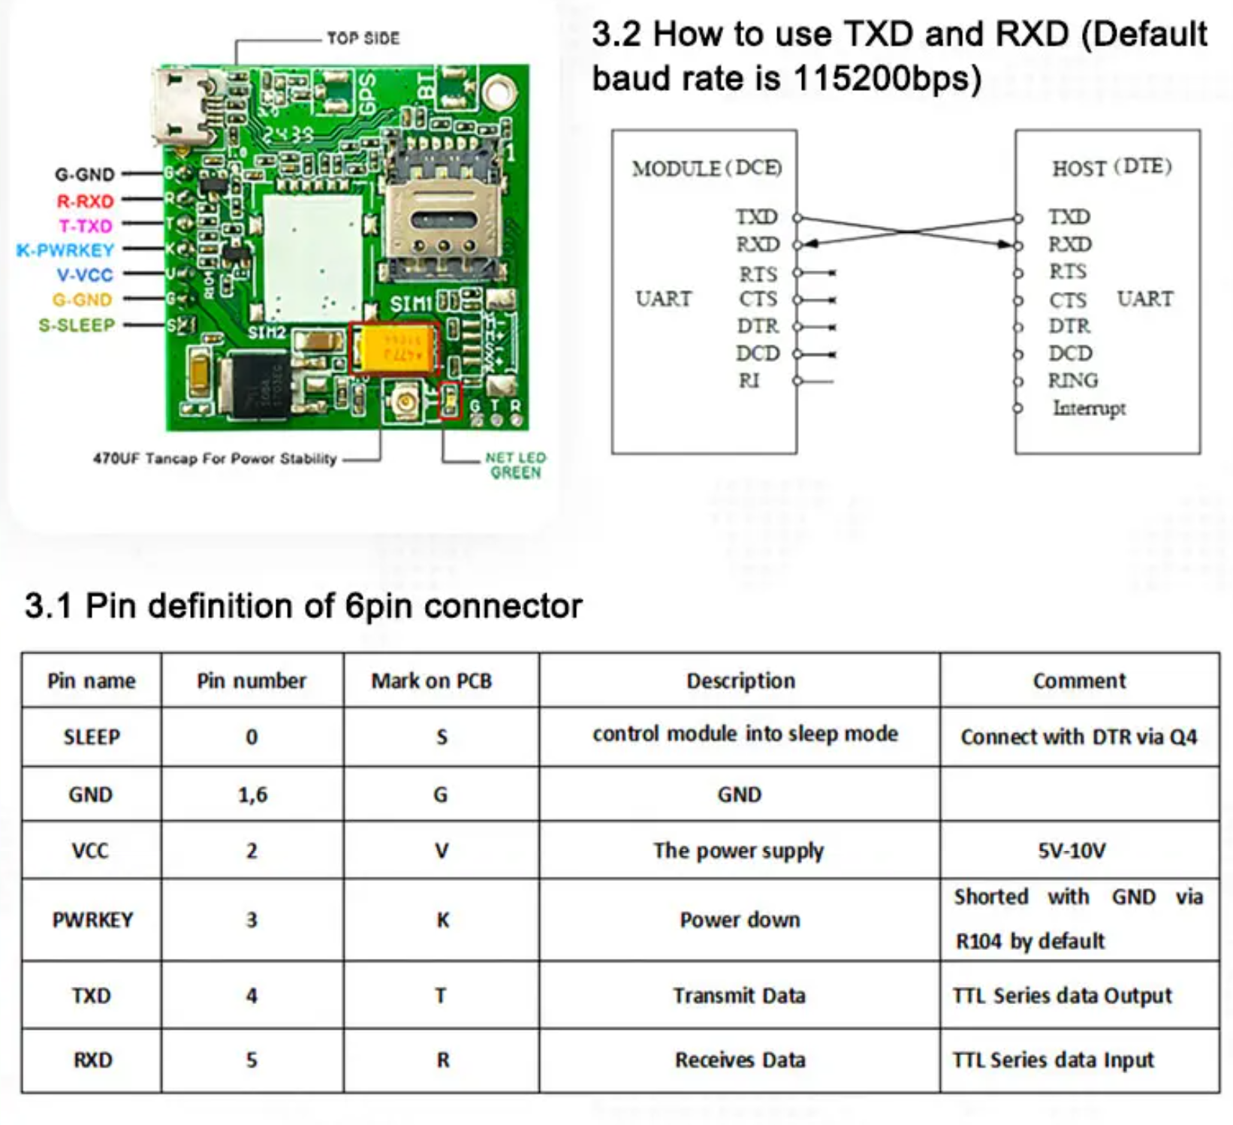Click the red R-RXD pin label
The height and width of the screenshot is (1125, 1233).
pyautogui.click(x=85, y=201)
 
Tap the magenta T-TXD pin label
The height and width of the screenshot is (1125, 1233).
pyautogui.click(x=86, y=225)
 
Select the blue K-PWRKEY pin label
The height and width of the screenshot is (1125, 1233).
pyautogui.click(x=65, y=250)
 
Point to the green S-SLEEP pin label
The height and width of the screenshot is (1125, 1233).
pyautogui.click(x=77, y=325)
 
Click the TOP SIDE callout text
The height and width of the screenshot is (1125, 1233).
pyautogui.click(x=363, y=38)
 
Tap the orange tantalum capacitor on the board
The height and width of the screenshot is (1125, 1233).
pyautogui.click(x=395, y=348)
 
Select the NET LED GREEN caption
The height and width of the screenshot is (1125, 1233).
pyautogui.click(x=515, y=465)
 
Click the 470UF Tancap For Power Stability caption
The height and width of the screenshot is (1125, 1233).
pyautogui.click(x=215, y=458)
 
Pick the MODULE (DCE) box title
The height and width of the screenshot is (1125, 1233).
pyautogui.click(x=707, y=167)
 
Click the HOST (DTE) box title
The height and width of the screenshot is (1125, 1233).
pyautogui.click(x=1111, y=167)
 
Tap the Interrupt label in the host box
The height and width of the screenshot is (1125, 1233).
pyautogui.click(x=1089, y=408)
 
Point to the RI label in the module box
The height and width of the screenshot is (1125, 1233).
pyautogui.click(x=749, y=381)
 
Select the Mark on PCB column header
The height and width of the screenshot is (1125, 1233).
pyautogui.click(x=431, y=680)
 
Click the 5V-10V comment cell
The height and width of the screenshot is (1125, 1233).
pyautogui.click(x=1072, y=850)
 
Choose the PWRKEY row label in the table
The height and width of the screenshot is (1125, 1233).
pyautogui.click(x=92, y=920)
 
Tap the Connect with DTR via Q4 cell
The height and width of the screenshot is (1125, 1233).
pyautogui.click(x=1079, y=737)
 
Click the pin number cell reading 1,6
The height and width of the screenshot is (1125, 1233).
pyautogui.click(x=252, y=795)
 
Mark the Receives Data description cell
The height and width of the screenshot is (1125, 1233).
pyautogui.click(x=740, y=1060)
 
